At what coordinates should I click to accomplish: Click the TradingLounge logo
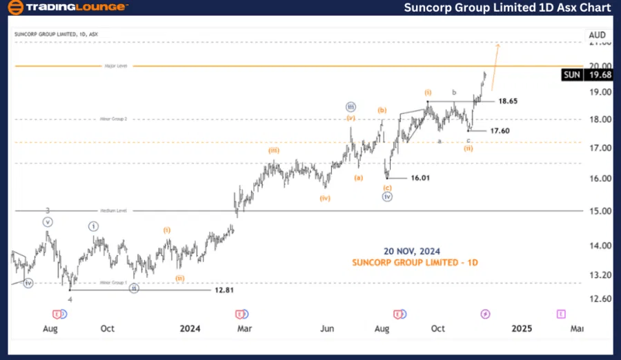[67, 8]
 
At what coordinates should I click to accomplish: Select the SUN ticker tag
[571, 75]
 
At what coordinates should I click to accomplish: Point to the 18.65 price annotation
[509, 101]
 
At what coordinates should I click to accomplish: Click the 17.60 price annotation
[500, 130]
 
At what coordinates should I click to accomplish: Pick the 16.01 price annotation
[422, 177]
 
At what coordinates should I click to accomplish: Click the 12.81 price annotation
[224, 290]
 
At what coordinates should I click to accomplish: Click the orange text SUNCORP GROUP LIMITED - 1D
[415, 263]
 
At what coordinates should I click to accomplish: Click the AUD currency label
[596, 34]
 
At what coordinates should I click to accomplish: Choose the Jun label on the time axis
[327, 328]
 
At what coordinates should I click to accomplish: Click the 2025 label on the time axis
[522, 328]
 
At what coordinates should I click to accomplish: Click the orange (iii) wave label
[274, 150]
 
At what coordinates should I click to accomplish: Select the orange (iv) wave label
[325, 199]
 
